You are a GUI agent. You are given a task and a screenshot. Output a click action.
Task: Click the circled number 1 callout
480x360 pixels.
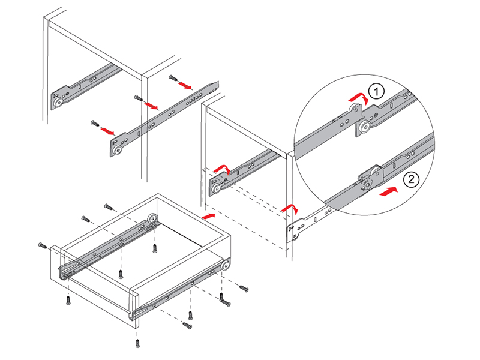[376, 92]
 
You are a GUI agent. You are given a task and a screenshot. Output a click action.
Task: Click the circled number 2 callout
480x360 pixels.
[409, 178]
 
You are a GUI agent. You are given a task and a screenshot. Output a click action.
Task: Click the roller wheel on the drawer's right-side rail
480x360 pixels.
[226, 264]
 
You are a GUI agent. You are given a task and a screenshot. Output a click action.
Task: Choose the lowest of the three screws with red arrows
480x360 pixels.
[94, 123]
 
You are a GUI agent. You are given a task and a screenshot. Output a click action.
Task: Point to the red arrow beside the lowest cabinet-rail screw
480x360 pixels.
[108, 129]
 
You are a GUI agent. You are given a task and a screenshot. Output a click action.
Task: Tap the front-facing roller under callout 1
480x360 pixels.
[364, 127]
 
